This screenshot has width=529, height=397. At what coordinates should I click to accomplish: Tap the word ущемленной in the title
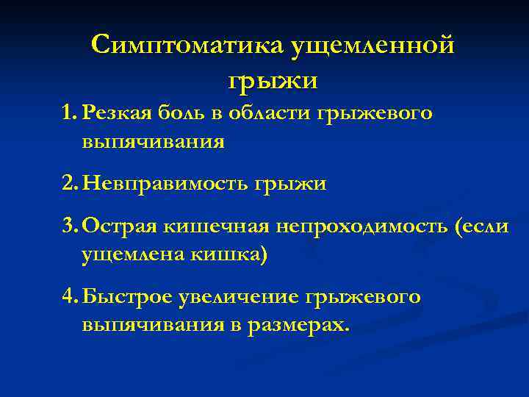coord(374,46)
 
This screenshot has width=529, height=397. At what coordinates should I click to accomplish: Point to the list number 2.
coord(70,183)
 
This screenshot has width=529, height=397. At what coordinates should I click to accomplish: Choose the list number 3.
coord(70,228)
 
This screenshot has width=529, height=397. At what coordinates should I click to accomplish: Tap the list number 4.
coord(70,298)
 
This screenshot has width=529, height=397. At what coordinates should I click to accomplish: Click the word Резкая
coord(117,115)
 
